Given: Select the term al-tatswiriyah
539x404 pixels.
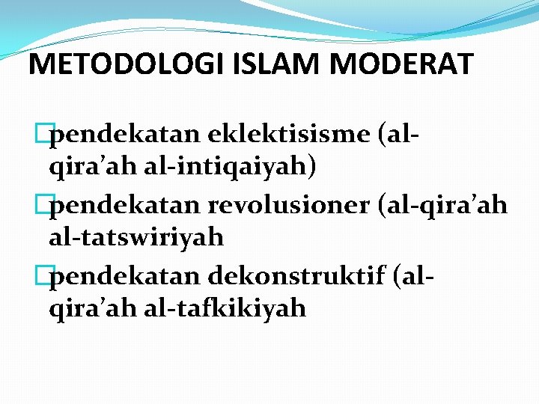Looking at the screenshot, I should [136, 237].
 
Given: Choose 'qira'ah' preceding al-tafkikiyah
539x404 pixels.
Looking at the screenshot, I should [90, 307].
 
